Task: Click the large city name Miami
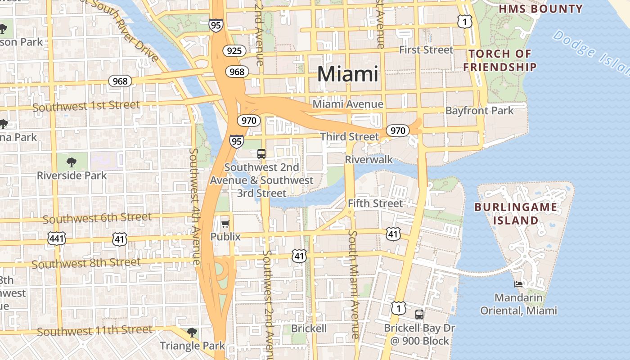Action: pos(347,74)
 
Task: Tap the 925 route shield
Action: pos(234,51)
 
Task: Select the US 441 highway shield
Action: pos(57,238)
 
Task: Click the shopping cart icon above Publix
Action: pos(225,224)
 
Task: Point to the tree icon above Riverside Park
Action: pos(71,162)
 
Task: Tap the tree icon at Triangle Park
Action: pos(192,333)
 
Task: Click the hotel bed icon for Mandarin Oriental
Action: pos(518,284)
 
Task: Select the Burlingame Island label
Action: pos(516,214)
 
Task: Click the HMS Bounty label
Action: pos(541,9)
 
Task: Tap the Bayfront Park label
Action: pos(479,110)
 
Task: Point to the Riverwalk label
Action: pos(369,160)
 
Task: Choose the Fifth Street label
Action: pos(375,203)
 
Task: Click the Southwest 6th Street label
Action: pos(97,218)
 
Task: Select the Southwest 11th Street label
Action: pos(94,331)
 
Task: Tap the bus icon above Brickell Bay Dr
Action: pos(419,314)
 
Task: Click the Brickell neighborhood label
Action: pos(309,328)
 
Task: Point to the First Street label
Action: pos(426,50)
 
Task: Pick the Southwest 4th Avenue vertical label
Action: pos(194,206)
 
